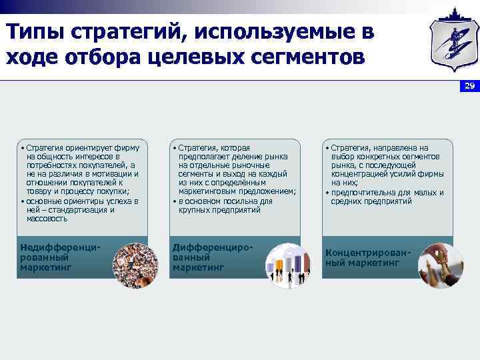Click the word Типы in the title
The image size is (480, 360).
tap(33, 31)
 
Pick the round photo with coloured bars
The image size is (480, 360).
tap(288, 265)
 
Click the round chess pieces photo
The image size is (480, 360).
tap(440, 265)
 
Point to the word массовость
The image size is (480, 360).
tap(47, 219)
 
